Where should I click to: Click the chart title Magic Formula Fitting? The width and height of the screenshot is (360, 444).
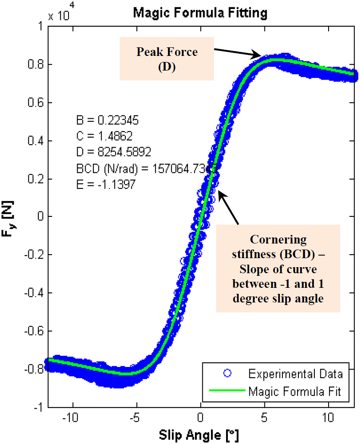click(200, 13)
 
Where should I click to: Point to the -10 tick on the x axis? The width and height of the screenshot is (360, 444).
click(73, 417)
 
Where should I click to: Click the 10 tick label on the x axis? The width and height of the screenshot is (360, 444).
click(329, 417)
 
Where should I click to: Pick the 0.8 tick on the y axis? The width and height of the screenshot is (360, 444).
click(36, 65)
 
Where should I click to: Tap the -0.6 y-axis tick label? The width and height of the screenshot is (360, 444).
click(34, 331)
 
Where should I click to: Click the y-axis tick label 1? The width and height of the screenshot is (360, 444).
click(41, 26)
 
